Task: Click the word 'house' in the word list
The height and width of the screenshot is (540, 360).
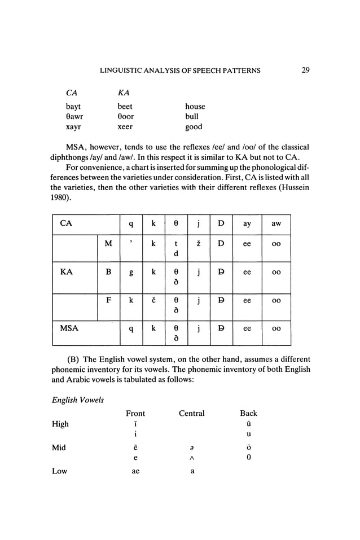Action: coord(195,106)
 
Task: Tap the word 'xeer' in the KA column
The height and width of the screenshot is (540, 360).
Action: coord(125,127)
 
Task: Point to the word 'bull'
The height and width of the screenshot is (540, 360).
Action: coord(191,117)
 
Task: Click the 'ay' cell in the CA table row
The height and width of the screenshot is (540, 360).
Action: coord(247,224)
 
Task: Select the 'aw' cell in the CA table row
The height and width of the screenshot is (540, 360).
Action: coord(276,224)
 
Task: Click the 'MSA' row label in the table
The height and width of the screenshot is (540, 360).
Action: coord(69,327)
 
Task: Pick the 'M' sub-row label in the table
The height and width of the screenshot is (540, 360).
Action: coord(108,244)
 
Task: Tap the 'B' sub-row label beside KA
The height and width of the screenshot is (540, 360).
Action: coord(108,271)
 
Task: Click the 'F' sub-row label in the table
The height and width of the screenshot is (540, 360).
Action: coord(108,300)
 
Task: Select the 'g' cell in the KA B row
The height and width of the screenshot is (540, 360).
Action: coord(131,272)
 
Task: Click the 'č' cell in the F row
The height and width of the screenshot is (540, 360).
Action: coord(153,301)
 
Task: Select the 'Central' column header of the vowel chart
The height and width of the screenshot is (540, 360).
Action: coord(191,414)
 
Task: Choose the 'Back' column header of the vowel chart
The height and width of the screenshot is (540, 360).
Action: coord(248,414)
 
